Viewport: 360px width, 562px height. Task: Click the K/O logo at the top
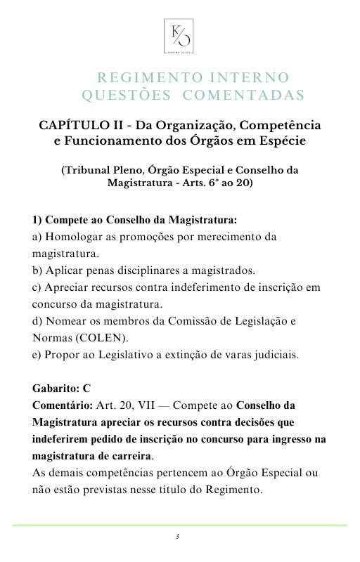[x=179, y=36]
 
